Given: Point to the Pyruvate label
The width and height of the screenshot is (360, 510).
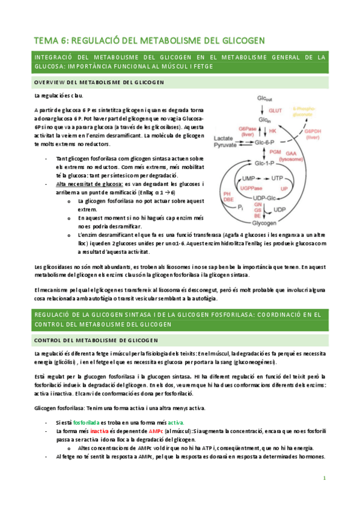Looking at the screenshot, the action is tap(225, 146).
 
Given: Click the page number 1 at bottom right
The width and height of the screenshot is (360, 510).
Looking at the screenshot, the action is tap(324, 478).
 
